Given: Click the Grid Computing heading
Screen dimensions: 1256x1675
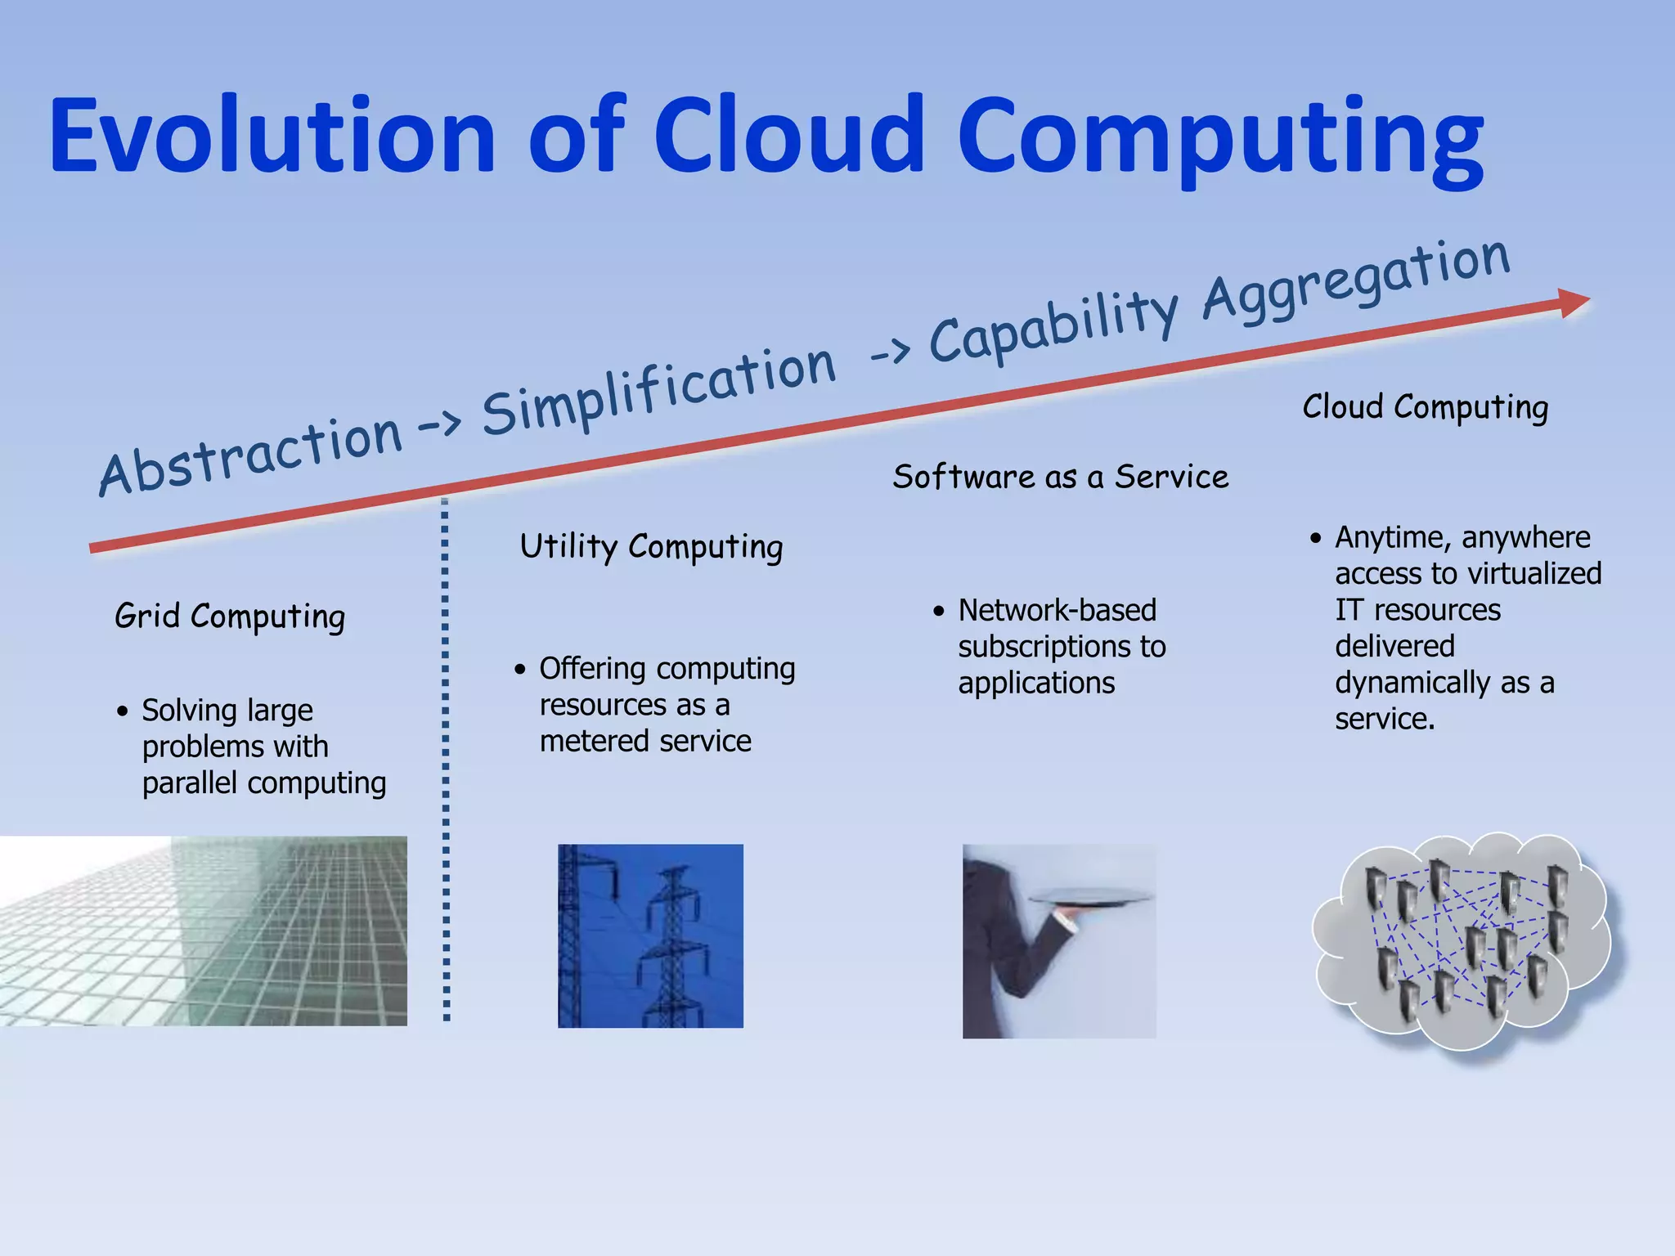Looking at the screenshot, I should [230, 616].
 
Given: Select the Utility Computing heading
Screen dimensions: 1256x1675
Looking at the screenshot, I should [651, 546].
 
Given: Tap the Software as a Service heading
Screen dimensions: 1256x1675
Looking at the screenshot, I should [1060, 477].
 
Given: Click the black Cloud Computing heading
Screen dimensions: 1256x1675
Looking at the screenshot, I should [1425, 406].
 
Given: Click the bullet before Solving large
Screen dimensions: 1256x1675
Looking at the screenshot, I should [123, 711].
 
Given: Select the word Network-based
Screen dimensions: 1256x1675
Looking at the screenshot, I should [1057, 610].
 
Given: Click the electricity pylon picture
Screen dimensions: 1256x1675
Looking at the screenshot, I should [650, 935].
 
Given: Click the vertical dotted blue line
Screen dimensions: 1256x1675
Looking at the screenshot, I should [446, 760].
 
